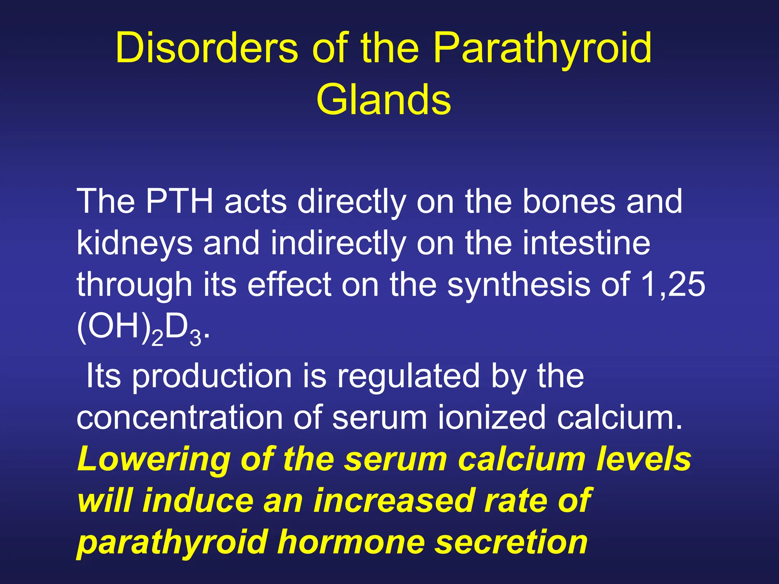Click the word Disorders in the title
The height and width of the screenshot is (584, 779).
[207, 48]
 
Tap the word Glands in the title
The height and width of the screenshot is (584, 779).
[383, 100]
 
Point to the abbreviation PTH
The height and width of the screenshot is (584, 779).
[179, 201]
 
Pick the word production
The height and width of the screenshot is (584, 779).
[212, 376]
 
